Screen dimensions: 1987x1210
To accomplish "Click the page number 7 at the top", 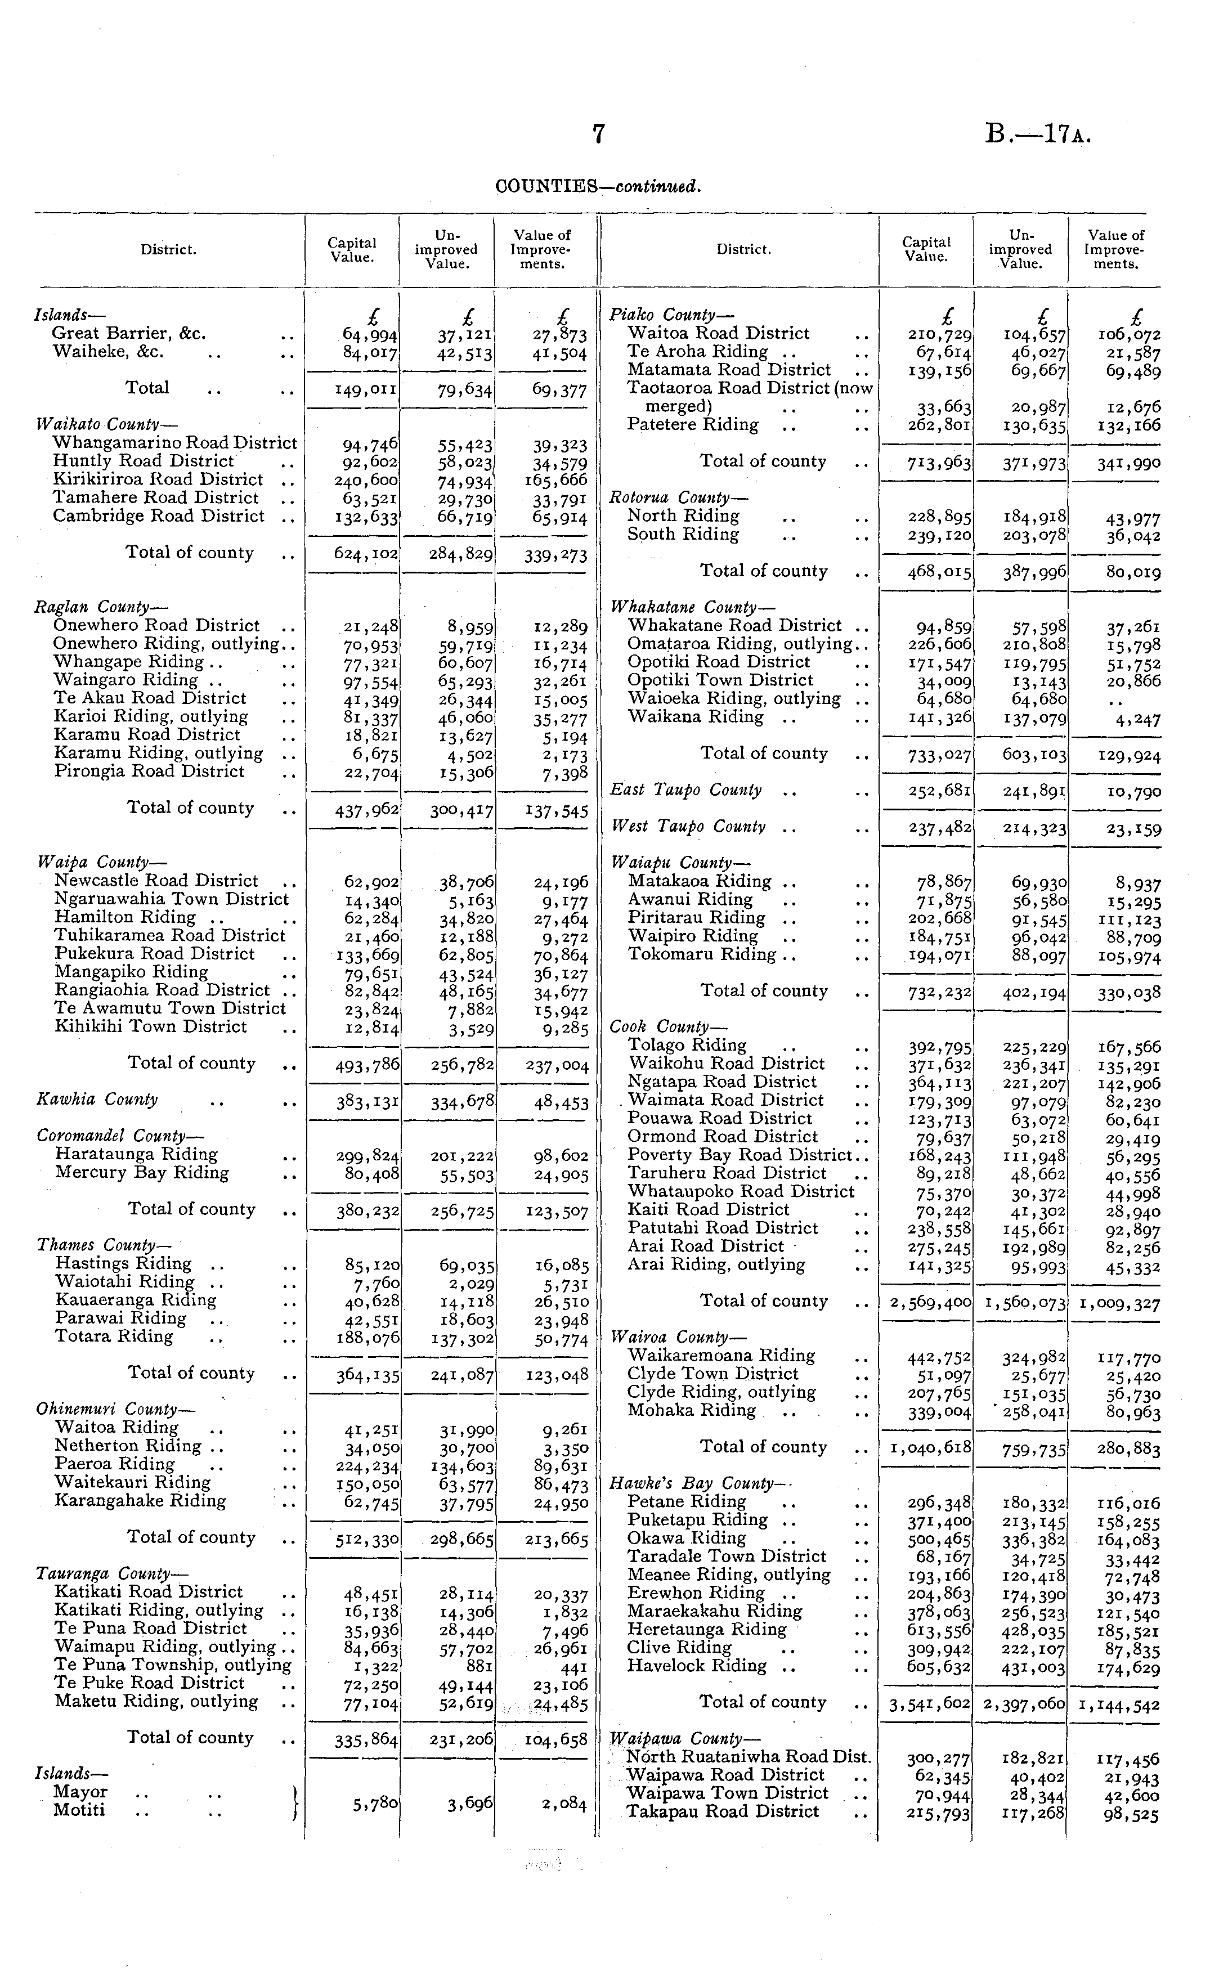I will coord(598,134).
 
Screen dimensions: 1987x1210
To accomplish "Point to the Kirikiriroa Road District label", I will coord(158,480).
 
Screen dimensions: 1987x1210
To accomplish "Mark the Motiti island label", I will coord(79,1810).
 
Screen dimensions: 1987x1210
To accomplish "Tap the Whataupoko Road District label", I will coord(741,1191).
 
